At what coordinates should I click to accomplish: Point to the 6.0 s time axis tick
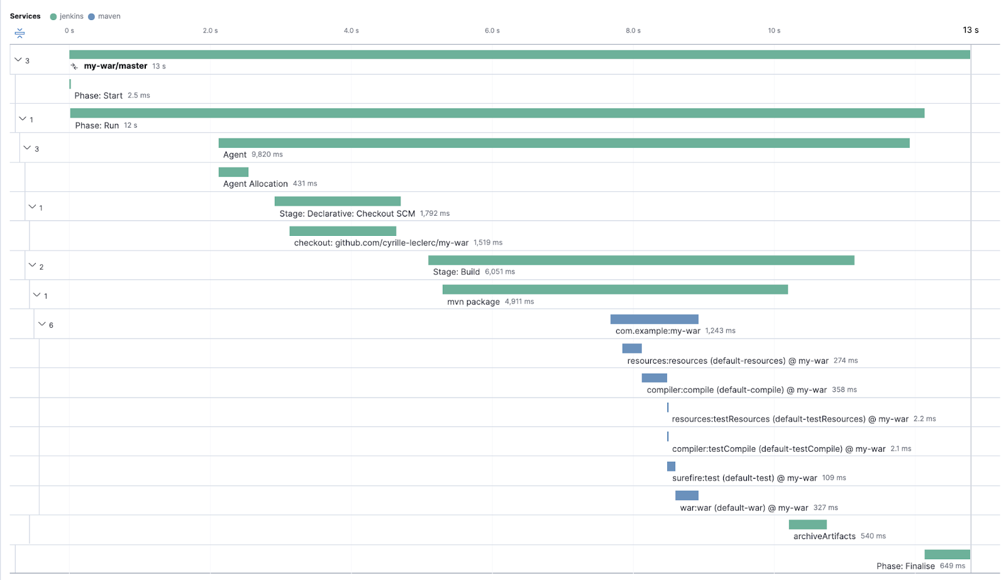coord(492,31)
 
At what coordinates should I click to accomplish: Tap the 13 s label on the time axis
coord(970,30)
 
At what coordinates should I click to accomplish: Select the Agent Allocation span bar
coord(233,172)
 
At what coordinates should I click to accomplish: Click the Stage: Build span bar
coord(641,260)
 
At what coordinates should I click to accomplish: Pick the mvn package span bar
coord(615,289)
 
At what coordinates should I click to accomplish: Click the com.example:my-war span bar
coord(654,320)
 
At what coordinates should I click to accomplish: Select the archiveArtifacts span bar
coord(807,525)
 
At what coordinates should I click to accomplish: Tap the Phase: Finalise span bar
coord(947,554)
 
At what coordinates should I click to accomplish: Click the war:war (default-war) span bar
coord(687,496)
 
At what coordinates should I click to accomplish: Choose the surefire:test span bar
coord(671,466)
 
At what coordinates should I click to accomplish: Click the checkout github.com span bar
coord(343,231)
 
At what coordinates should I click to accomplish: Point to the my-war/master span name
coord(116,66)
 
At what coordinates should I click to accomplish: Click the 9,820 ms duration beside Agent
coord(267,155)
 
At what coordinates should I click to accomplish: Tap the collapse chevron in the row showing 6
coord(42,325)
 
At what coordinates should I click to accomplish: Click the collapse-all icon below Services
coord(19,33)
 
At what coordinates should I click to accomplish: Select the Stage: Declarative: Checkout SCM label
coord(347,214)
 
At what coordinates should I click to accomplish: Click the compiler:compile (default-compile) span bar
coord(654,378)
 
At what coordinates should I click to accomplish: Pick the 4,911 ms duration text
coord(519,302)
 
